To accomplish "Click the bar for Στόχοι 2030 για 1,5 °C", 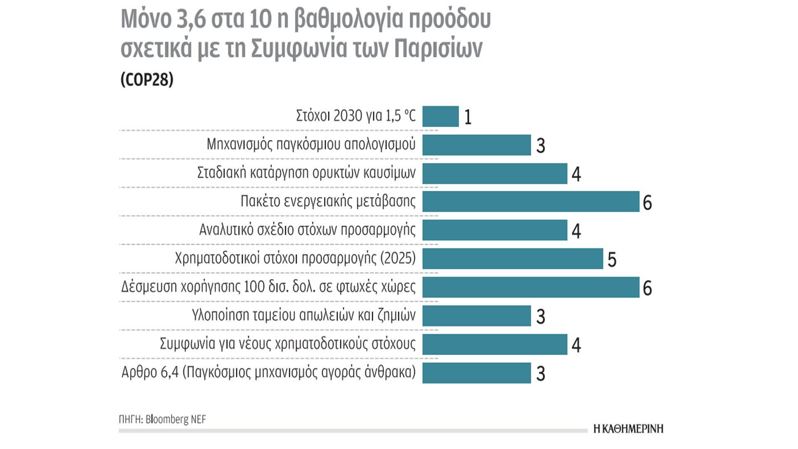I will coord(441,116).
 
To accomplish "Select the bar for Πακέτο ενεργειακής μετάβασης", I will coord(531,202).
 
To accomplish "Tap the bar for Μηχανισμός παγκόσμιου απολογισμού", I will coord(476,145).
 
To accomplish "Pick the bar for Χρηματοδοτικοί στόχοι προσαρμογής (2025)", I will coord(512,259).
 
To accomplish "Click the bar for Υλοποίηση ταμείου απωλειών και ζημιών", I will coord(476,316).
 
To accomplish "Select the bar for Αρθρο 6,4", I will coord(476,373).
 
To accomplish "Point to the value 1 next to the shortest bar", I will coord(468,117).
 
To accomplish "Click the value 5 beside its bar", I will coord(612,260).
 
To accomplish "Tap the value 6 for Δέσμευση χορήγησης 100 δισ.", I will coord(647,288).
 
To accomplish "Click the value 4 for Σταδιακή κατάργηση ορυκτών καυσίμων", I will coord(576,174).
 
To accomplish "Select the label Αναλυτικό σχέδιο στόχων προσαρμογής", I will coord(307,230).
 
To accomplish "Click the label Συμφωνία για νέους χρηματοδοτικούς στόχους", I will coord(288,344).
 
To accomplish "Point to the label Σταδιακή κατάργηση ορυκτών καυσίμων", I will coord(306,173).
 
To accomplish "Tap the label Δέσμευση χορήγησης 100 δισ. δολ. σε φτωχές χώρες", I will coord(268,287).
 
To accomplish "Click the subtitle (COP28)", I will coord(147,79).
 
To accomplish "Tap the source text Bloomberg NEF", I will coord(175,419).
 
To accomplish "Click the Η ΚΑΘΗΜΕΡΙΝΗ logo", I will coord(628,429).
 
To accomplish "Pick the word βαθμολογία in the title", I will coord(348,20).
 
